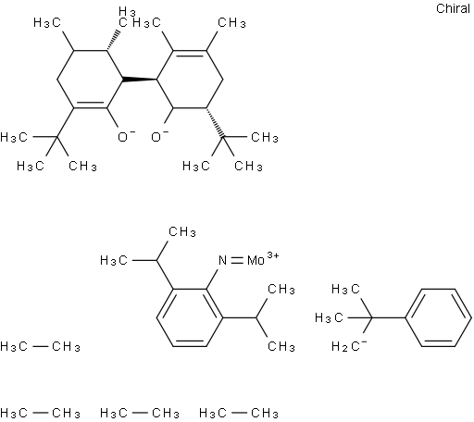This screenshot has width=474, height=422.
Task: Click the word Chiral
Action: pos(453,8)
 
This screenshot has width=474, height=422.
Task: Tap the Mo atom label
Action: pos(256,261)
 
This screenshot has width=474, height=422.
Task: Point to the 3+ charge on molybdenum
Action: pos(272,255)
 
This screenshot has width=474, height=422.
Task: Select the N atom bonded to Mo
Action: pos(222,261)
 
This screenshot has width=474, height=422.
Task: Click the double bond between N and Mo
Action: pos(237,261)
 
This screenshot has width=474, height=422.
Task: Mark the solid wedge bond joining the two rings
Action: pos(140,80)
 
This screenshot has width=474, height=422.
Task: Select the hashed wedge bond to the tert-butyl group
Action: pos(215,122)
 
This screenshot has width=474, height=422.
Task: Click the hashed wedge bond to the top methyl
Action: pos(113,40)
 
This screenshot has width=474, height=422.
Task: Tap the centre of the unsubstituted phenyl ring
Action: pos(439,317)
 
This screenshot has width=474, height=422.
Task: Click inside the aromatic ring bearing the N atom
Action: pos(190,317)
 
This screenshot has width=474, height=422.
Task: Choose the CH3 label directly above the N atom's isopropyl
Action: pos(182,232)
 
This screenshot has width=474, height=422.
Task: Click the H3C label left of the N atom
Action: pos(114,261)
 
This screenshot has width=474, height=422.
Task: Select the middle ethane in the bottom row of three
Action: pos(140,413)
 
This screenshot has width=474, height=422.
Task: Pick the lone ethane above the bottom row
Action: pos(40,347)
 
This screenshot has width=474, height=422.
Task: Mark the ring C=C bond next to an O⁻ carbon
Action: pos(90,105)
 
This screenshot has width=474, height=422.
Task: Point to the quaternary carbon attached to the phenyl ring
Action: pos(372,317)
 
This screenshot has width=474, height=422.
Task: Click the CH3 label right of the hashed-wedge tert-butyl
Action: pos(265,137)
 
